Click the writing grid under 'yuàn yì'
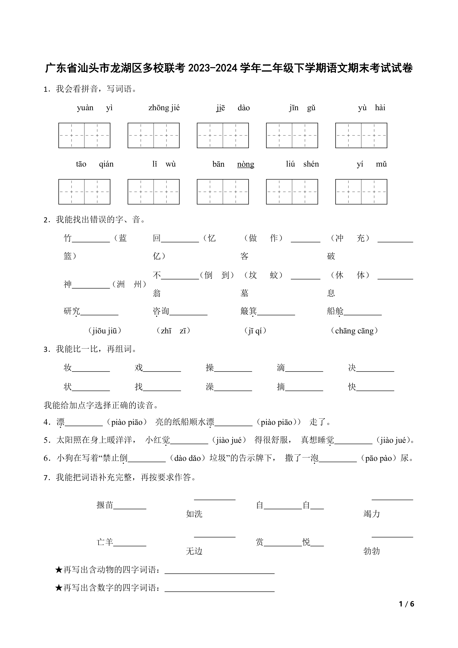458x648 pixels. pos(84,135)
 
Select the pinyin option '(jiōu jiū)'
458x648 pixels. pos(105,331)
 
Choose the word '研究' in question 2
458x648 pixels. pos(72,311)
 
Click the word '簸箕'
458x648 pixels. pos(248,311)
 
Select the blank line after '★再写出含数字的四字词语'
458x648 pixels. pos(219,591)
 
